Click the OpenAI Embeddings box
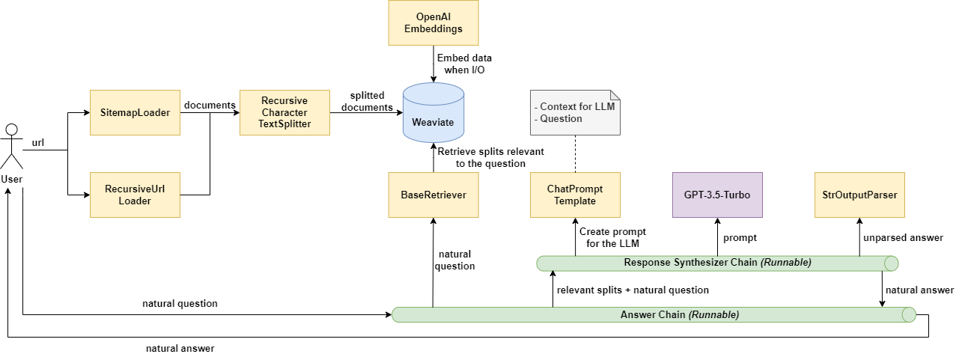433,22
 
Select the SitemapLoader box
135,113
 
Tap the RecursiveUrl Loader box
135,195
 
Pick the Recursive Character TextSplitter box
284,113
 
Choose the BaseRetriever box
433,195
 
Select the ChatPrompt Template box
575,195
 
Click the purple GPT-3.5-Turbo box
717,195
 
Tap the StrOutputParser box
859,195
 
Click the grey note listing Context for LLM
575,113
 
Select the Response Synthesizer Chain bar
717,263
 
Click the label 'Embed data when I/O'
464,64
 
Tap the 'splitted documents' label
367,102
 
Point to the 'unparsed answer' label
903,237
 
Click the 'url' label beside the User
38,142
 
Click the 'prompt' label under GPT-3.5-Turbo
740,237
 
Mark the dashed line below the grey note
575,153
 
